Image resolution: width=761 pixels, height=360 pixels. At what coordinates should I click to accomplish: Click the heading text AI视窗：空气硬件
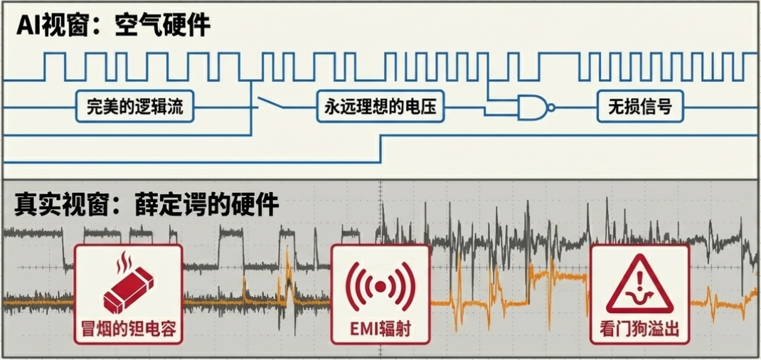click(x=114, y=26)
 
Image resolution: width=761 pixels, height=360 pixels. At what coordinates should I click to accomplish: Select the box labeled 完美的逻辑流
click(x=134, y=108)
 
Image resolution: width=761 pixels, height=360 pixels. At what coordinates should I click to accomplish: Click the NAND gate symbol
click(x=533, y=108)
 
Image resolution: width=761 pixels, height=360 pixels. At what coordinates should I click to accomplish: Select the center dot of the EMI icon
click(x=380, y=286)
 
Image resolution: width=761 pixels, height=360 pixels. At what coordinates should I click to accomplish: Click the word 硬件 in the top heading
click(x=187, y=26)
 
